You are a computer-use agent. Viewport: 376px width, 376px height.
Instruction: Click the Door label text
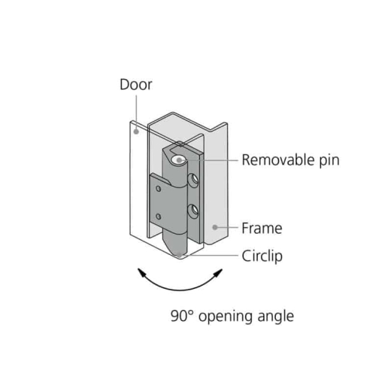click(x=136, y=85)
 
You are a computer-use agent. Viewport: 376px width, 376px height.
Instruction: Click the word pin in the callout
click(x=329, y=160)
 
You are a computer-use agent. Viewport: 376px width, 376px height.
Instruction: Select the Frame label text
click(x=262, y=229)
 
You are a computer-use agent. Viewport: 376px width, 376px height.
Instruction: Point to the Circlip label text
click(x=262, y=256)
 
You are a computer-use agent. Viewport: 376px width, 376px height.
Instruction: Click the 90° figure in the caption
click(x=182, y=316)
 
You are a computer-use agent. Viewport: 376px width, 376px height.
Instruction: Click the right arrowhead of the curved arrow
click(x=218, y=273)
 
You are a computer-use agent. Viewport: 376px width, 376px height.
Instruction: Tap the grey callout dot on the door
click(x=136, y=132)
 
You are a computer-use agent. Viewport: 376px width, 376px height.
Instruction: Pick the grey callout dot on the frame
click(x=215, y=227)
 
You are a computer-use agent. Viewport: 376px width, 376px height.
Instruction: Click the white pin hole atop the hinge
click(x=179, y=160)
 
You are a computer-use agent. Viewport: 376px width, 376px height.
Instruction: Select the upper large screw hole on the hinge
click(x=193, y=180)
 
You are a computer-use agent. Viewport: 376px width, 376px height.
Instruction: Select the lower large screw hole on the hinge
click(x=193, y=211)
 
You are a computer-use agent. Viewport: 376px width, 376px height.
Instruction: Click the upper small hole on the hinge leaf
click(x=159, y=189)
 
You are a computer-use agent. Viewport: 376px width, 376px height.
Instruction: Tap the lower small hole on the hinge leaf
click(x=159, y=217)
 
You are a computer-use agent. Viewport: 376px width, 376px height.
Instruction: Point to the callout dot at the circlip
click(x=179, y=256)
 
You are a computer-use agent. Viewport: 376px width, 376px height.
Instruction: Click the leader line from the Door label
click(x=136, y=112)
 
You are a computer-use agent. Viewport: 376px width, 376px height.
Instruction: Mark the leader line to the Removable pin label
click(x=208, y=160)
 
